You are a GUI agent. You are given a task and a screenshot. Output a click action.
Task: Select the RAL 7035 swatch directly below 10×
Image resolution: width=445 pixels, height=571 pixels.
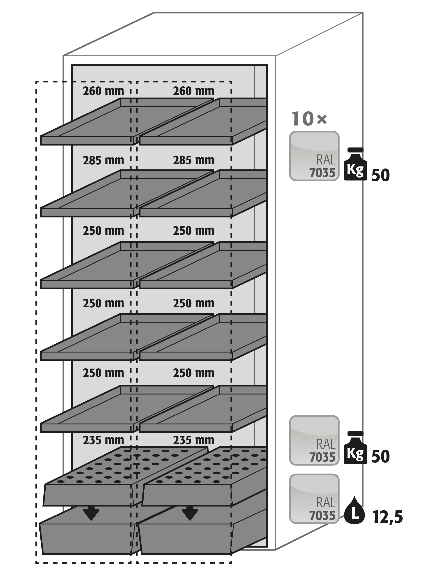pyautogui.click(x=314, y=156)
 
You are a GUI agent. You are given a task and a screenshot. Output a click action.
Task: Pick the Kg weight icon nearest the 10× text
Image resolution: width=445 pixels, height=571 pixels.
pyautogui.click(x=355, y=164)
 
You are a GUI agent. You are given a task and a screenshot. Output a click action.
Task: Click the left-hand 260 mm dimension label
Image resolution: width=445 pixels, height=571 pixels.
pyautogui.click(x=104, y=91)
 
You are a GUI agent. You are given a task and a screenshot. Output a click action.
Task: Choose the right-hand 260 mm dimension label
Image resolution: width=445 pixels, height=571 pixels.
pyautogui.click(x=193, y=91)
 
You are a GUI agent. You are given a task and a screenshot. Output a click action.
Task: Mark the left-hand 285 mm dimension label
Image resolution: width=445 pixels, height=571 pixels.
pyautogui.click(x=104, y=160)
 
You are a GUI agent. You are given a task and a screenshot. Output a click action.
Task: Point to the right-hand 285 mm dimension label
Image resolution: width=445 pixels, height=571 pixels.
pyautogui.click(x=193, y=160)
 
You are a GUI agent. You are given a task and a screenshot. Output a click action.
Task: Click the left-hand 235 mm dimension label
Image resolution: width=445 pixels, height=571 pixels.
pyautogui.click(x=104, y=440)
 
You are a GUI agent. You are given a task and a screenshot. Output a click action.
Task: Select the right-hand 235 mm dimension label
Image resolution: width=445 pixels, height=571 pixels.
pyautogui.click(x=193, y=440)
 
